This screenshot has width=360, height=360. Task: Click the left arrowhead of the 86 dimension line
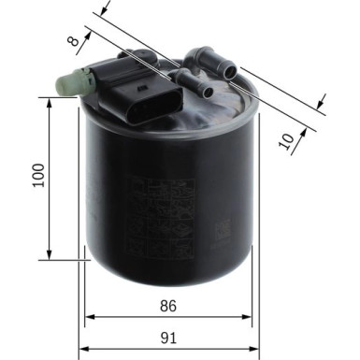90,317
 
